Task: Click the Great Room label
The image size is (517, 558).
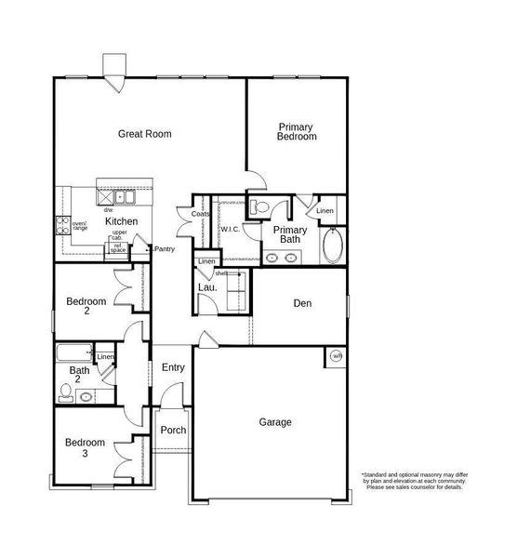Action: (144, 134)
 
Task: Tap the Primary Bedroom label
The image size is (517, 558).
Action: (297, 132)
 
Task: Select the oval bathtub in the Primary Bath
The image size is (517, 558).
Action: (332, 247)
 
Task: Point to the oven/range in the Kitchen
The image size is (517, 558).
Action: (63, 224)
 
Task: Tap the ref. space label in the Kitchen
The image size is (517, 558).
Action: (118, 248)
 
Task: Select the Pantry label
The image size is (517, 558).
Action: (164, 249)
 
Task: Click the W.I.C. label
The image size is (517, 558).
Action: (231, 228)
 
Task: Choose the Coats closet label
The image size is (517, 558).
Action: (200, 214)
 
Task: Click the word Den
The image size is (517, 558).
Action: (302, 303)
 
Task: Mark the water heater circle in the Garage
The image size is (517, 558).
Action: (336, 356)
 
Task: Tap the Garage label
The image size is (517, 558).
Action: (275, 422)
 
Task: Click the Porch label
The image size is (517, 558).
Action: (173, 431)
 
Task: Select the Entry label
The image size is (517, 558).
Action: (173, 368)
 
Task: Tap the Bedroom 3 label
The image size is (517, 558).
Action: (85, 448)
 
